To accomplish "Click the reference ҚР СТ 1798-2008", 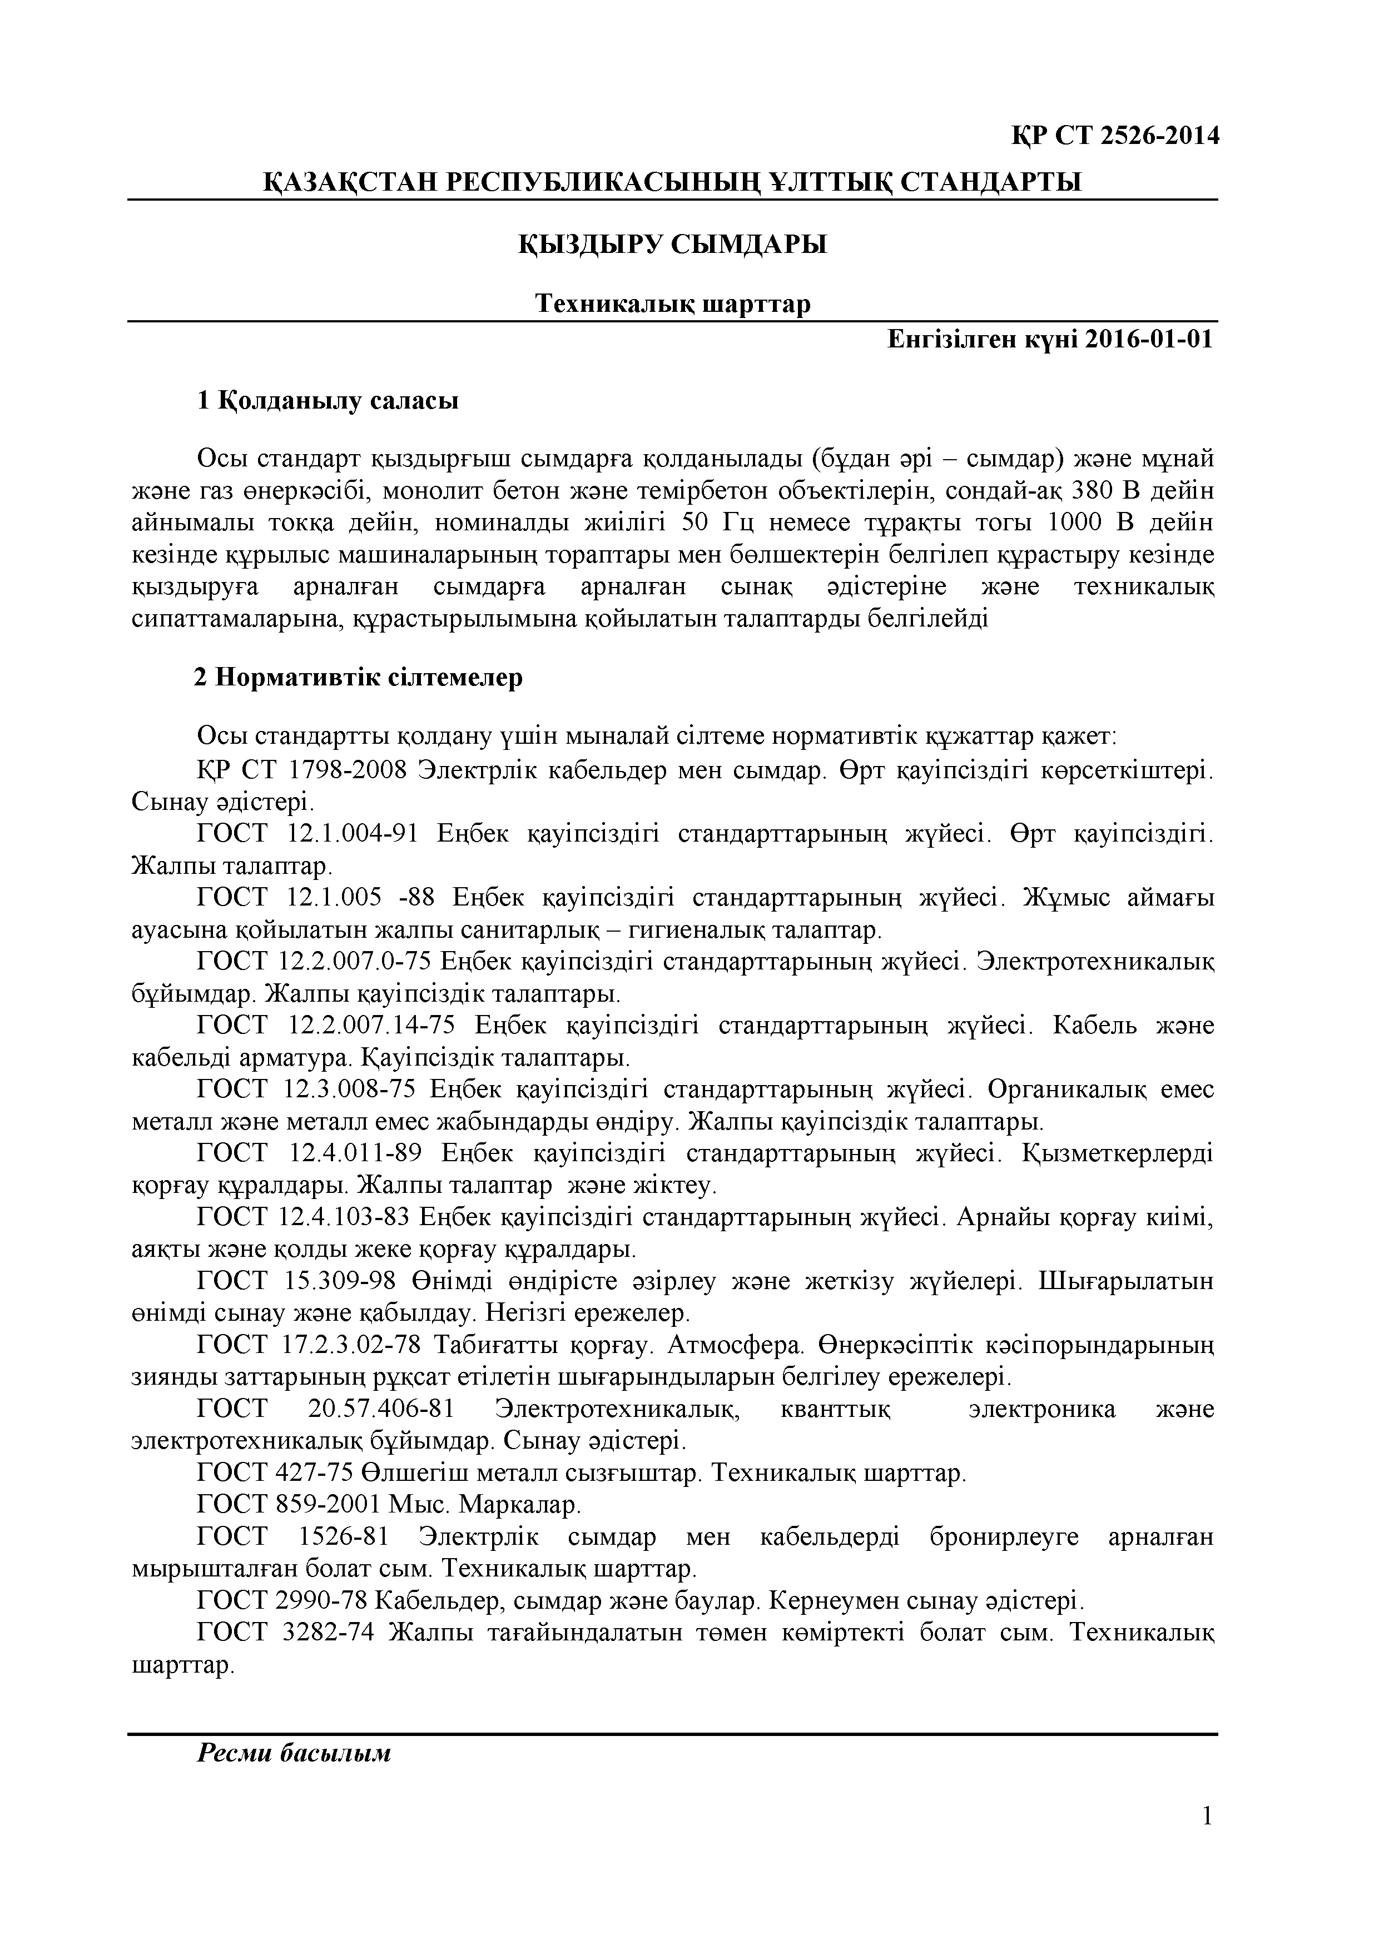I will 299,770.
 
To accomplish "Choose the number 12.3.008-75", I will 346,1090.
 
